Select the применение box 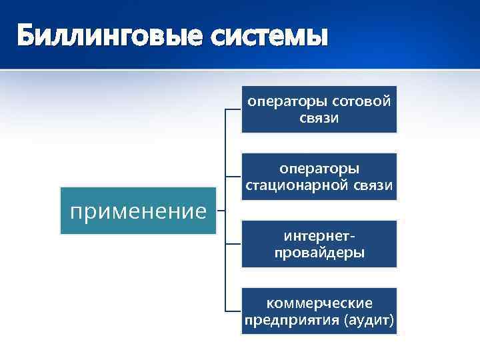(x=139, y=211)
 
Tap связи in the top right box (x=319, y=118)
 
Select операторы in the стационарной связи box (x=319, y=169)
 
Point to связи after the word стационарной (x=375, y=185)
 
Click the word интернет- (x=319, y=237)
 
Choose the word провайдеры (x=319, y=253)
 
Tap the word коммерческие (x=319, y=304)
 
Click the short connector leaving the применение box (x=222, y=211)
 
